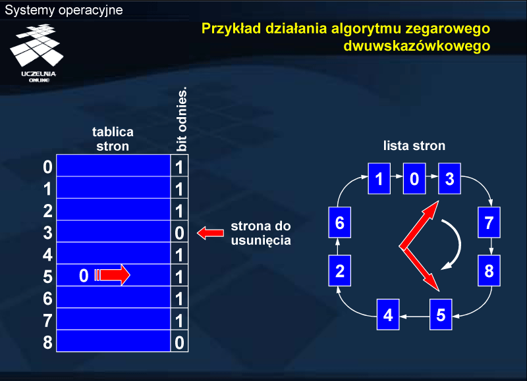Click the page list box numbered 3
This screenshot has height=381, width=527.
point(449,178)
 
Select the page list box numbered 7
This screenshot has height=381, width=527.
point(489,222)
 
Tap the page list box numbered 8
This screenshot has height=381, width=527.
point(489,270)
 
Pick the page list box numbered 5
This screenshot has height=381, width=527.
point(441,315)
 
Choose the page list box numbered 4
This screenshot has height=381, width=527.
point(388,315)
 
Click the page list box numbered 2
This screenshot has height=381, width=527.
point(339,270)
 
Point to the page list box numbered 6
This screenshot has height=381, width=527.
point(339,222)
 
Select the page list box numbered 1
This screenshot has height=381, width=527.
point(379,178)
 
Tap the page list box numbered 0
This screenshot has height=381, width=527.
point(414,178)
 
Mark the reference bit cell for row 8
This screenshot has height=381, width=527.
point(179,341)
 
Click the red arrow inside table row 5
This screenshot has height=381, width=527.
point(112,275)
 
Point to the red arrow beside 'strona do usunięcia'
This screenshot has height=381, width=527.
point(210,233)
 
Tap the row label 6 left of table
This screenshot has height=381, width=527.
point(47,299)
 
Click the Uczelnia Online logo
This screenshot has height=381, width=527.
point(37,53)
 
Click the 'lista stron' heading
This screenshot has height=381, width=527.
point(414,145)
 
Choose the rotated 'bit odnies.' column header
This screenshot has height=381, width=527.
point(182,119)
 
